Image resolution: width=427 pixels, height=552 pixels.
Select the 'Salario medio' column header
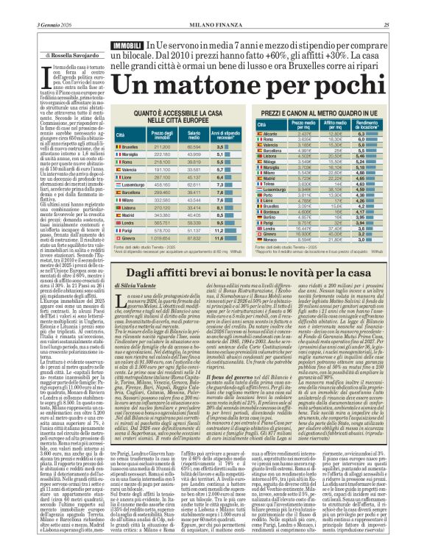click(193, 135)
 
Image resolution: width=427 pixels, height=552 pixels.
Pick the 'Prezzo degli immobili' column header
click(162, 135)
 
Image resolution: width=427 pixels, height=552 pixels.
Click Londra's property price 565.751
click(162, 221)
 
